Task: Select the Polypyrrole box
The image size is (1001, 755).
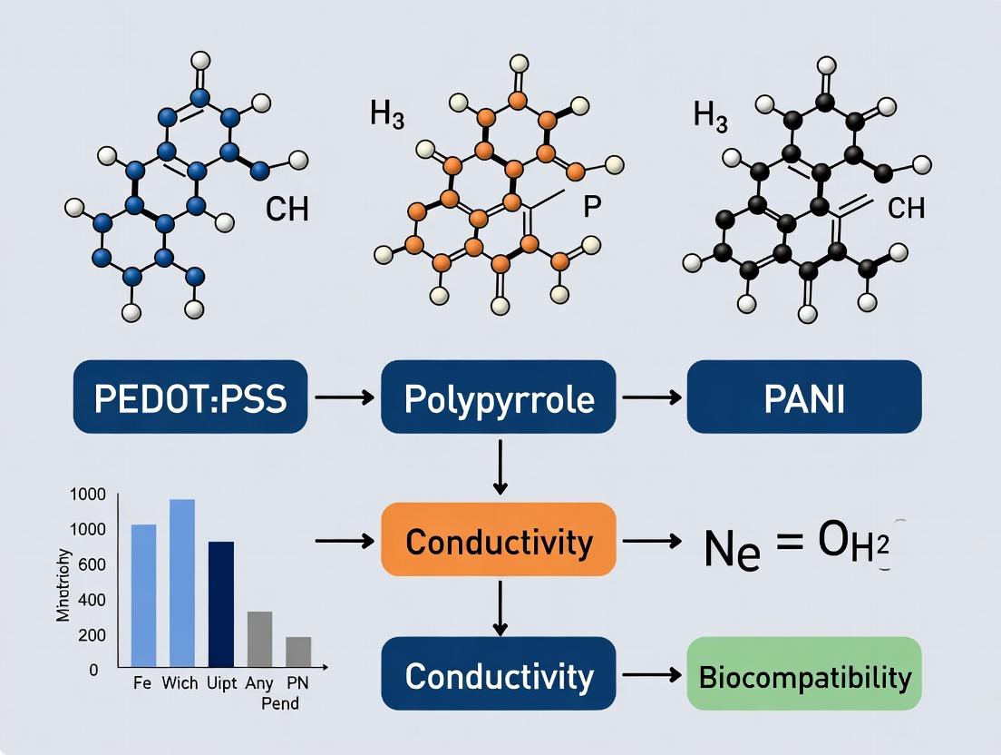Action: [x=499, y=397]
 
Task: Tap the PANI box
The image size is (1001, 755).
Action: [x=804, y=397]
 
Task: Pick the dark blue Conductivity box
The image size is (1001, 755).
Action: [x=499, y=675]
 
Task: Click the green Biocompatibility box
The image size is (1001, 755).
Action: [x=804, y=675]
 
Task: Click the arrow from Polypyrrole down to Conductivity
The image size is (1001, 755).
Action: [x=499, y=466]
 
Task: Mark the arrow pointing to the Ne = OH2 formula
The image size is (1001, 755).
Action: [x=651, y=541]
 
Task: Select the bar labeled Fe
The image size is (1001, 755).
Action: [x=144, y=595]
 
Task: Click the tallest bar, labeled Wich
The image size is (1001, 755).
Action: [x=182, y=583]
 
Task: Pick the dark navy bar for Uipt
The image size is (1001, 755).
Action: [x=221, y=603]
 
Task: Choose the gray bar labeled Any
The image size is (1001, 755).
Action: [x=259, y=639]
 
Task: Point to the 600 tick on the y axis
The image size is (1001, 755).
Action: [x=93, y=564]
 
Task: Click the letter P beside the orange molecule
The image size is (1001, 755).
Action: [x=591, y=206]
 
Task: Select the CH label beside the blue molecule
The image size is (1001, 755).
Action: [x=287, y=210]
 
